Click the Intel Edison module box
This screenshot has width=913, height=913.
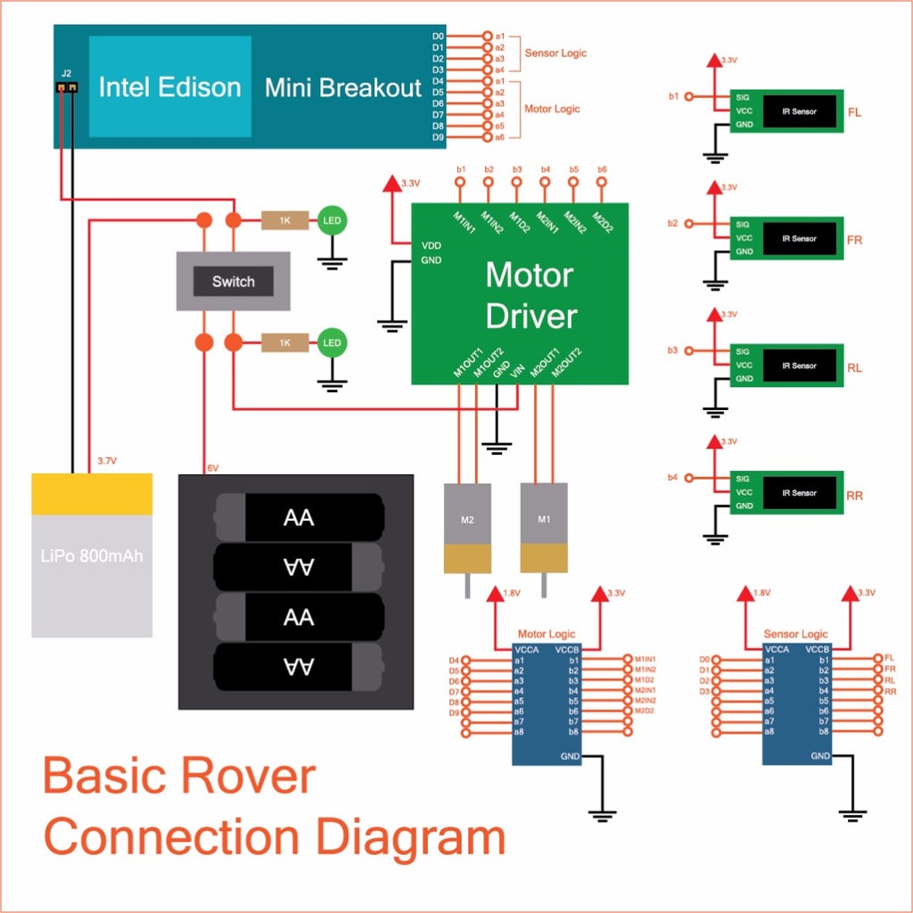point(169,86)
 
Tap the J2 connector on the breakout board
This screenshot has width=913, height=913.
point(67,86)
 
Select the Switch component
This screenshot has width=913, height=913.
point(234,282)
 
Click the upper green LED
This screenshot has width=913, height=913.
point(333,220)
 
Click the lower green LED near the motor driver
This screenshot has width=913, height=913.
point(333,343)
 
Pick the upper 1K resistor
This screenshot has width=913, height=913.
point(284,220)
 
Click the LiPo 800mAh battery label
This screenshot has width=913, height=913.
point(92,556)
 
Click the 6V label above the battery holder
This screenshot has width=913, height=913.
point(212,468)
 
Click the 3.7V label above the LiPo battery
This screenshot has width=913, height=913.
point(106,461)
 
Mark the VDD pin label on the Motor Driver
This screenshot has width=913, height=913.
point(431,244)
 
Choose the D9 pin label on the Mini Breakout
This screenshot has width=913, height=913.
point(438,137)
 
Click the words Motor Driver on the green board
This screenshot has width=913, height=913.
point(531,295)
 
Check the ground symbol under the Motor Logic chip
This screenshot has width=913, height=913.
point(604,813)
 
